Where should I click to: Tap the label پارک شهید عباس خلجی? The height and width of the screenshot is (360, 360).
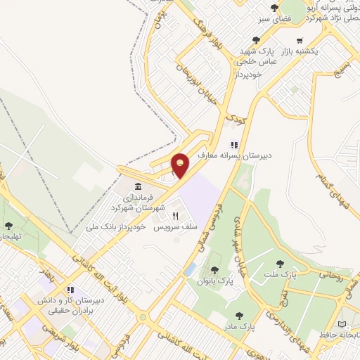(x=262, y=56)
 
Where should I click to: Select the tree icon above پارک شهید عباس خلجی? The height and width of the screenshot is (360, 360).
(x=255, y=40)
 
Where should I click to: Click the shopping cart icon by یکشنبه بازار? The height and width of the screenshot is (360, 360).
(x=300, y=40)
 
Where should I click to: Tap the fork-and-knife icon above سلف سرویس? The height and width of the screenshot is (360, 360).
(x=176, y=216)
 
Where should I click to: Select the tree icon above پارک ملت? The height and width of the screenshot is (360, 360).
(x=280, y=264)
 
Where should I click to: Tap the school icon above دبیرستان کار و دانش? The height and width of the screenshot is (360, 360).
(x=70, y=289)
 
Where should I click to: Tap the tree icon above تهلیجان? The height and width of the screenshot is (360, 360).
(x=8, y=226)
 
